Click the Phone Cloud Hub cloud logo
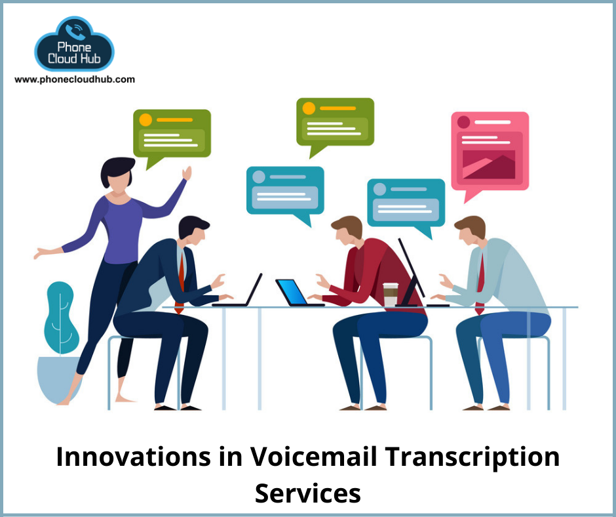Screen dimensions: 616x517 74,44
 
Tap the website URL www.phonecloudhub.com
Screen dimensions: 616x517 75,79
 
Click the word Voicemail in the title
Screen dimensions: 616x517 314,457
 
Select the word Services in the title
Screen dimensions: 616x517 307,493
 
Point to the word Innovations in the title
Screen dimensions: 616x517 133,457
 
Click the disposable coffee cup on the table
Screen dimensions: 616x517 391,295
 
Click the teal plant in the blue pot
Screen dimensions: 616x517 60,342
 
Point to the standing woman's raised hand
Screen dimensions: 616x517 187,173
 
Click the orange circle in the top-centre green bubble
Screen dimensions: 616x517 309,108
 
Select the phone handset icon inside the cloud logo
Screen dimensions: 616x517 75,32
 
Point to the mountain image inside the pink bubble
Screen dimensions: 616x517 489,165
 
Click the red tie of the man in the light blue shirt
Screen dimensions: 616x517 480,283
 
